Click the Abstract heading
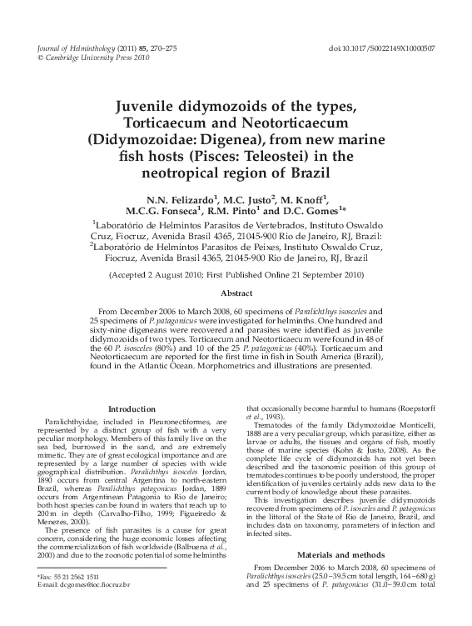(x=236, y=293)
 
